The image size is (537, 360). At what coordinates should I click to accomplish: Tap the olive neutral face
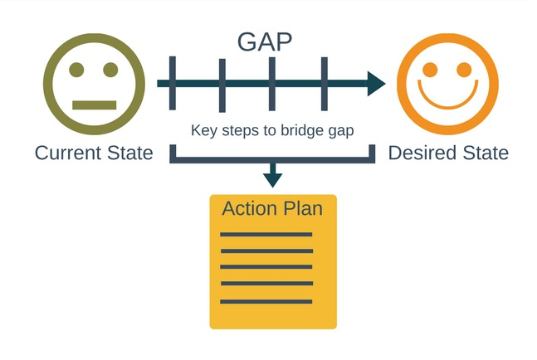(91, 83)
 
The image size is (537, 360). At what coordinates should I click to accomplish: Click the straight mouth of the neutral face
(92, 105)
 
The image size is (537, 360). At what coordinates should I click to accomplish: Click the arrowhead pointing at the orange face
(376, 83)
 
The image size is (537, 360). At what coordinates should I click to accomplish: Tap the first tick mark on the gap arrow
(172, 83)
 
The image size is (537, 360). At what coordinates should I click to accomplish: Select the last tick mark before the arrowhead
(324, 83)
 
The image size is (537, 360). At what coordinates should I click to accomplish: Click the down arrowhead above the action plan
(271, 178)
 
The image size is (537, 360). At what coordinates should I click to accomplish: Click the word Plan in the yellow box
(302, 208)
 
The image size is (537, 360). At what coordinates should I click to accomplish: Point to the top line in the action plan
(266, 235)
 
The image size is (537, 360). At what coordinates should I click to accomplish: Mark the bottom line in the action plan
(266, 301)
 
